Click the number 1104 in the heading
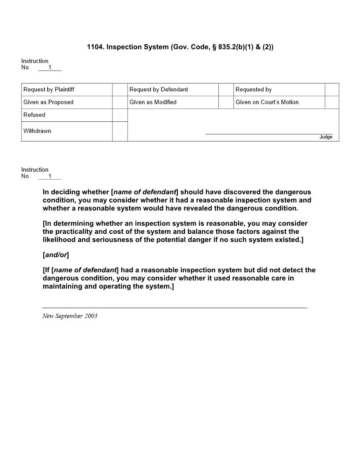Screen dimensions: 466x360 (x=95, y=47)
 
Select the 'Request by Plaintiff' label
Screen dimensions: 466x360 (x=49, y=90)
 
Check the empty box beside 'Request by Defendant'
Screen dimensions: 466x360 (x=225, y=90)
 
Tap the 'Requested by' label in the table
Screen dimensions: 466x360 (x=253, y=90)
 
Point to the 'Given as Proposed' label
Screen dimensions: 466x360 (x=48, y=102)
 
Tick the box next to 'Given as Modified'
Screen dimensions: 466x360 (x=225, y=102)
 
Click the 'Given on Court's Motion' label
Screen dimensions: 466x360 (x=267, y=102)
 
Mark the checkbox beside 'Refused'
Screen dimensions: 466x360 (x=120, y=115)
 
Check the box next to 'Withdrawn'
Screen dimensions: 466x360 (x=120, y=131)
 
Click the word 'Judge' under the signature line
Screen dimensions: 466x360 (x=326, y=137)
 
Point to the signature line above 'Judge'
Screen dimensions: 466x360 (x=269, y=134)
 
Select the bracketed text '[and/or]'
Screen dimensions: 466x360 (x=56, y=255)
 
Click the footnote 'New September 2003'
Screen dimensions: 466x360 (x=70, y=316)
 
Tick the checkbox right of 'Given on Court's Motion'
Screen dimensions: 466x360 (x=332, y=102)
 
